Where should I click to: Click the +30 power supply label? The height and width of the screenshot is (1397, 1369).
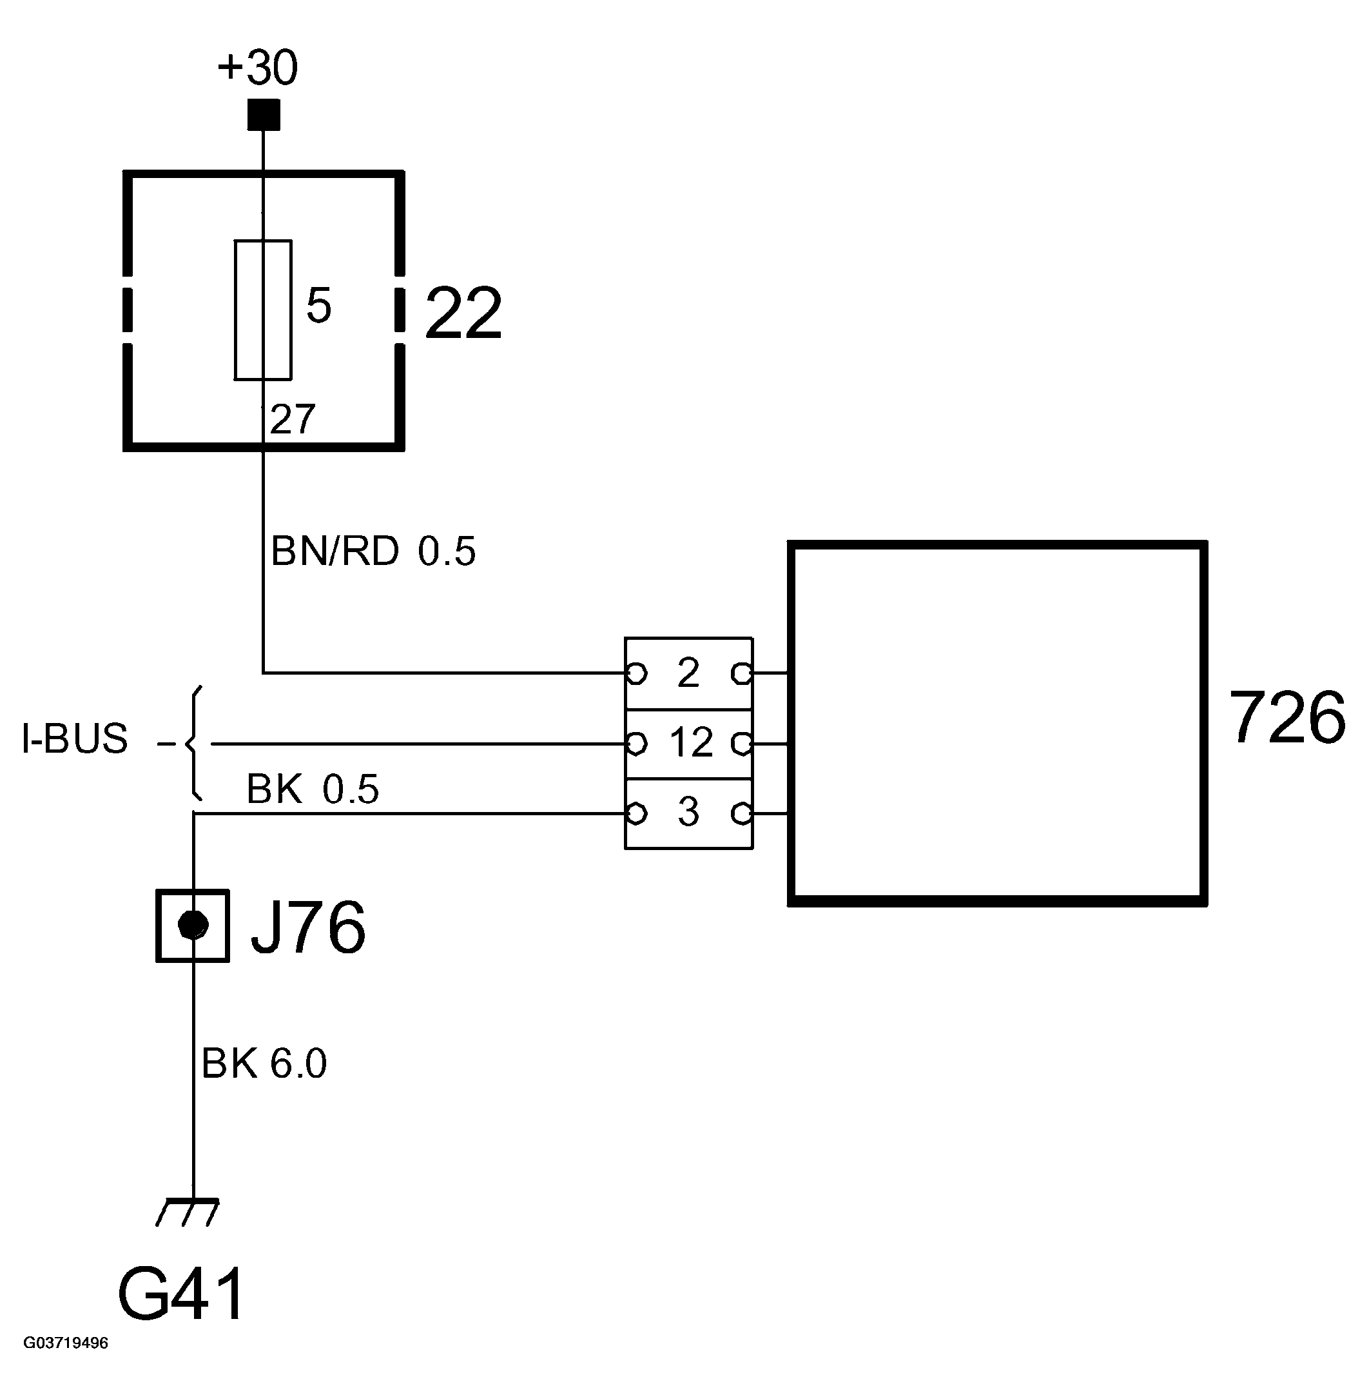click(x=257, y=68)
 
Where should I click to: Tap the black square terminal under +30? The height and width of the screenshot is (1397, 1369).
click(x=263, y=115)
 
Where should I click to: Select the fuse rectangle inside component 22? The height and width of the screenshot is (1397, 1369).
click(x=263, y=310)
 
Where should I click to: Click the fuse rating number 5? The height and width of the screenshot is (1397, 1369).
click(x=318, y=306)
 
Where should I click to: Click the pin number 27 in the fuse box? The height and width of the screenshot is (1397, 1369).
click(x=293, y=419)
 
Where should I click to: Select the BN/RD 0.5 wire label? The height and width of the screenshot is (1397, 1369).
click(x=373, y=551)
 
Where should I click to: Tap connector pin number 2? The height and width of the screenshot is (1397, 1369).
click(x=688, y=673)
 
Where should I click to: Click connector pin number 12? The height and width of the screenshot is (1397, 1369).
click(x=690, y=742)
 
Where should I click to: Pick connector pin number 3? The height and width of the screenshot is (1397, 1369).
click(x=688, y=812)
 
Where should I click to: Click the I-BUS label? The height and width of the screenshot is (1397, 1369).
click(x=75, y=738)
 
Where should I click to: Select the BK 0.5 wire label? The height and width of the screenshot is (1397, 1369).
click(x=312, y=789)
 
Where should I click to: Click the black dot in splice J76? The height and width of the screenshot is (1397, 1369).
click(x=193, y=925)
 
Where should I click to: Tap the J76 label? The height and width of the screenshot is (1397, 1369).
click(x=307, y=928)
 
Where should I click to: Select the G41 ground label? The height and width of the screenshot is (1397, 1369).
click(x=181, y=1295)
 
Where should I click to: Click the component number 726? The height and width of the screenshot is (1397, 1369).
click(x=1286, y=718)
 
